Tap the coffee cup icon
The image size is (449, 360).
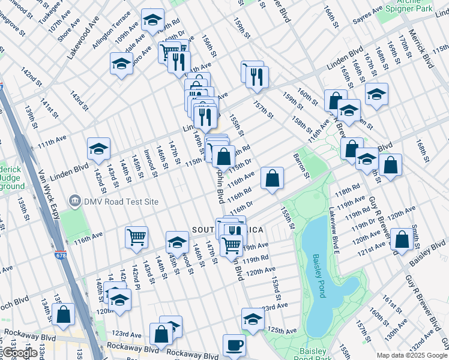(234, 345)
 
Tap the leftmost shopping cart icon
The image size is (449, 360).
(136, 237)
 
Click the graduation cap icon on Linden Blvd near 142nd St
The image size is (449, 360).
(99, 149)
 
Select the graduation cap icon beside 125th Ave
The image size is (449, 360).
(253, 319)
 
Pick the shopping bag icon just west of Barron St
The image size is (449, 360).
(272, 178)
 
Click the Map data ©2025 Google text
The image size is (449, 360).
(411, 355)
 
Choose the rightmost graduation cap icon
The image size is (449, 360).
(376, 94)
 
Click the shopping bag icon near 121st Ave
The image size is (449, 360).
(401, 239)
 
